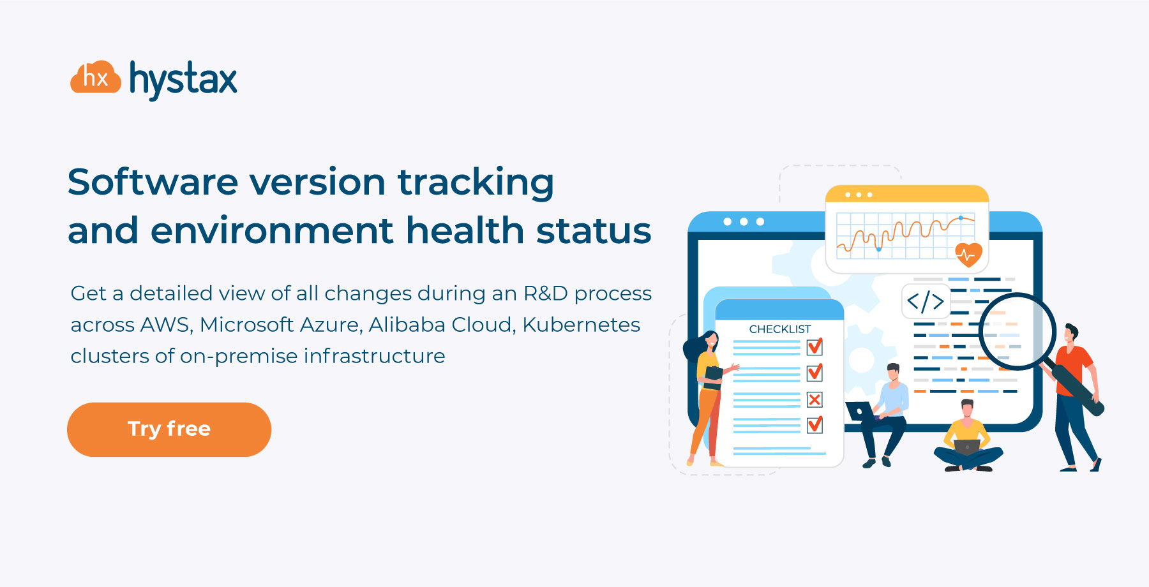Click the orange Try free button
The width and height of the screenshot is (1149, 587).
point(169,429)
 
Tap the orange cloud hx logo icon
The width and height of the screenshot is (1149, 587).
point(96,77)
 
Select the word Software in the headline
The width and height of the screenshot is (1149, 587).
point(153,182)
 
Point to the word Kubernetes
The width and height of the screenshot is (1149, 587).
point(581,325)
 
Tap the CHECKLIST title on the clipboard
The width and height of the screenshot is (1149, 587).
point(779,329)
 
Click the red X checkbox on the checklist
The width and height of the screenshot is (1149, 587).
point(815,399)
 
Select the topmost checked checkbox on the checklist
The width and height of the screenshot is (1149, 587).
point(815,346)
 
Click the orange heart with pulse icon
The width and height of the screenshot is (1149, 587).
point(968,255)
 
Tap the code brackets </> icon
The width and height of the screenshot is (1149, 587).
point(926,301)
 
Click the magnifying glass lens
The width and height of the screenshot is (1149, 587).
point(1018,331)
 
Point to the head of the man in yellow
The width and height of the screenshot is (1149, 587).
point(968,409)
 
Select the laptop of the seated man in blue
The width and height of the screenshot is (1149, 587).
point(861,411)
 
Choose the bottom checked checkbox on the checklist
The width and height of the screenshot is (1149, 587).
point(815,424)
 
